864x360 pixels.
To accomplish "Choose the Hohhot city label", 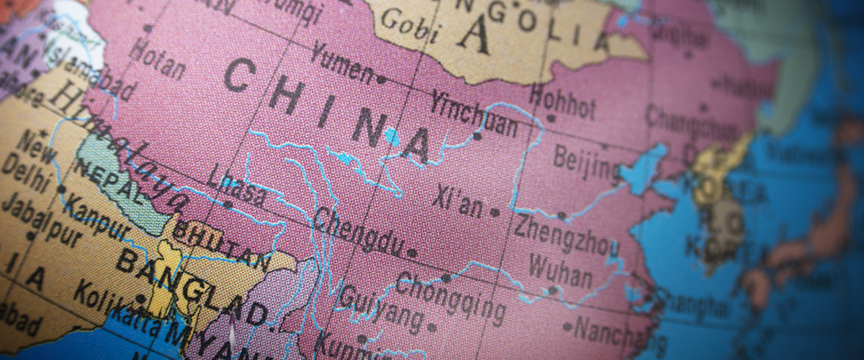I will click(x=562, y=102).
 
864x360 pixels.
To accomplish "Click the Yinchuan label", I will click(x=474, y=114).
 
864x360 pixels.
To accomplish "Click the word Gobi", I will click(x=410, y=26).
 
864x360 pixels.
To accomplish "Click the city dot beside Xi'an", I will click(x=495, y=212).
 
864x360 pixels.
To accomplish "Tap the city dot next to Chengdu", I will click(x=411, y=253).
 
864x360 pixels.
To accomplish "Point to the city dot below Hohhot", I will click(x=551, y=118).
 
